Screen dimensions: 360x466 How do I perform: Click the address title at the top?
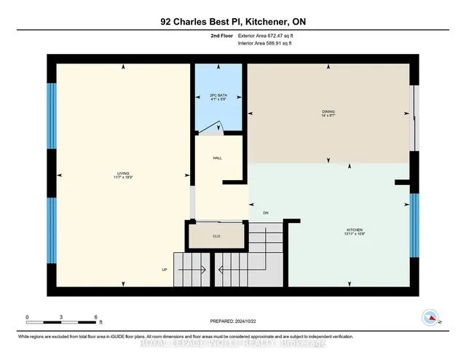click(233, 22)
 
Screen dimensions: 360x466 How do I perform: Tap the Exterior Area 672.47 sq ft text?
click(270, 36)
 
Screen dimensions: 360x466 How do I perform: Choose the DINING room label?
click(328, 112)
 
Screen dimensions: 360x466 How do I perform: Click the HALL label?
click(218, 157)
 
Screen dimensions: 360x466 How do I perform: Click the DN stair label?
click(266, 213)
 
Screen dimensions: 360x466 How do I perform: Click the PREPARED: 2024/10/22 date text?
click(233, 319)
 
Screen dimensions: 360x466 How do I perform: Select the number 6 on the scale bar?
click(96, 318)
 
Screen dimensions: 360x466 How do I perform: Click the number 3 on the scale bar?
click(62, 318)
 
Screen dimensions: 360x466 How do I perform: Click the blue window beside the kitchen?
click(415, 225)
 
